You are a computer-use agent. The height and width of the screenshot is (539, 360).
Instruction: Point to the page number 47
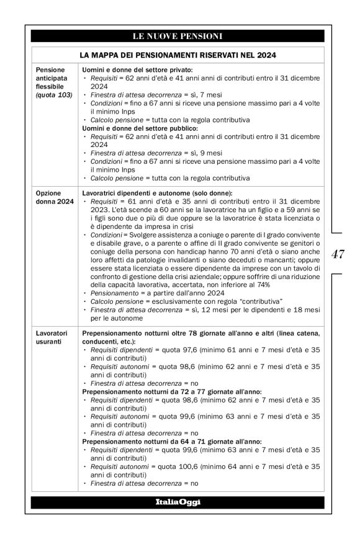click(338, 254)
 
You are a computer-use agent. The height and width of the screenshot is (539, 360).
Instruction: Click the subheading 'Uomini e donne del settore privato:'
click(137, 70)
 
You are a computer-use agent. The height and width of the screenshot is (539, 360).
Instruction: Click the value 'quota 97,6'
click(174, 350)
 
